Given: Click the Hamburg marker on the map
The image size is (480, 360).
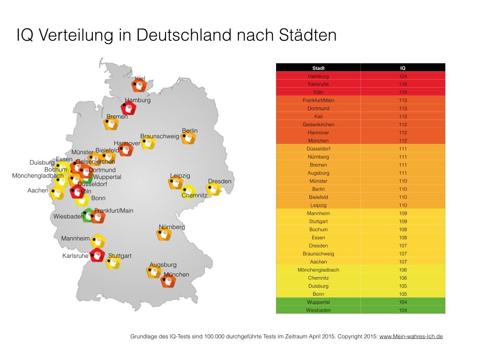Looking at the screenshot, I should [129, 108].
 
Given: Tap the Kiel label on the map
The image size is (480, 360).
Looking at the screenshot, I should [140, 79].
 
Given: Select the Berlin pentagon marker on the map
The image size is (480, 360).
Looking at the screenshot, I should [188, 138].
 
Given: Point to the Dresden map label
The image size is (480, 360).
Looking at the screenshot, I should [220, 181].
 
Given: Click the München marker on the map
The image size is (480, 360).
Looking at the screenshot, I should [168, 281].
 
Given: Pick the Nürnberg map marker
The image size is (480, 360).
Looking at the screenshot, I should [164, 234].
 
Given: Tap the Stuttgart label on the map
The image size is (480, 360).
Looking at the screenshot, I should [120, 256].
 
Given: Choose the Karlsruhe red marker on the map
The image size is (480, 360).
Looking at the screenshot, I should [97, 255].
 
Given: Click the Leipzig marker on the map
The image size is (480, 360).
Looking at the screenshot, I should [176, 183].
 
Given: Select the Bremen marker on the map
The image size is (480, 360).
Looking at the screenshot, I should [111, 124].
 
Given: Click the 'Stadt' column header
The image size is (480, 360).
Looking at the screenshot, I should [318, 68].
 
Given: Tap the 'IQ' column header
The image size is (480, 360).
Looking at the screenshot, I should [403, 68].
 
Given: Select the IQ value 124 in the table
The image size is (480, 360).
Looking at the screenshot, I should [403, 76].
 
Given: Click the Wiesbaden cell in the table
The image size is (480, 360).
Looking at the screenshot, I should [318, 310].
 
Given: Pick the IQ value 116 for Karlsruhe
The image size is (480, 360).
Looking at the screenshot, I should [403, 84].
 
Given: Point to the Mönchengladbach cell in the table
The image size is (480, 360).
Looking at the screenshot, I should [318, 270].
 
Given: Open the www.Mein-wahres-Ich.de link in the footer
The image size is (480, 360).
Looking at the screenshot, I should [411, 337].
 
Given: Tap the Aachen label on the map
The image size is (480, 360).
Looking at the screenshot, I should [38, 191].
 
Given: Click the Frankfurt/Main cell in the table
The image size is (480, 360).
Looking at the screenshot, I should [318, 100].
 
